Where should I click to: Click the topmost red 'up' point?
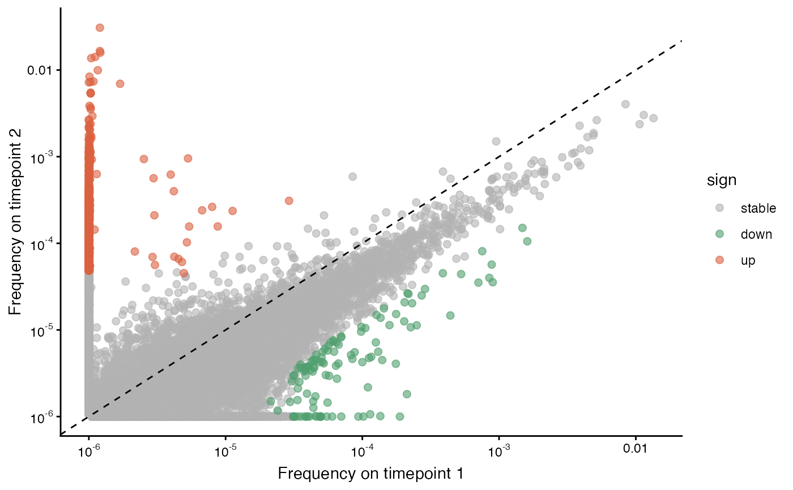tap(100, 28)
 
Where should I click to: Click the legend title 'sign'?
tap(722, 180)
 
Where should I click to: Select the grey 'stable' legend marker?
tap(719, 208)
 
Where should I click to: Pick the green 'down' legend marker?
tap(719, 234)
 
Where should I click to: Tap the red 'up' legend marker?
tap(719, 260)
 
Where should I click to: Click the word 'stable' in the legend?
tap(758, 208)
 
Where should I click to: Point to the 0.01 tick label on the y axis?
tap(39, 70)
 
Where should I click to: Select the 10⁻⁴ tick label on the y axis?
tap(41, 244)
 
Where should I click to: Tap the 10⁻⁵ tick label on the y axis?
tap(41, 331)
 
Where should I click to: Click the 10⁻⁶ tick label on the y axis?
tap(41, 418)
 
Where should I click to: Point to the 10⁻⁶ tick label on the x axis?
tap(89, 450)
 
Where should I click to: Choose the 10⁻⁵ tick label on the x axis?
tap(226, 450)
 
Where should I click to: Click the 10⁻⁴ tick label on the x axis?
tap(363, 450)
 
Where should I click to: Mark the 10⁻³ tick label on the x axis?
tap(499, 450)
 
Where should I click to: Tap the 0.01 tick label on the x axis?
tap(636, 449)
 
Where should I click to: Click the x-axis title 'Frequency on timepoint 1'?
tap(370, 474)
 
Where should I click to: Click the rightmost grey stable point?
tap(654, 118)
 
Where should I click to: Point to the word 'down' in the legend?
tap(756, 234)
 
